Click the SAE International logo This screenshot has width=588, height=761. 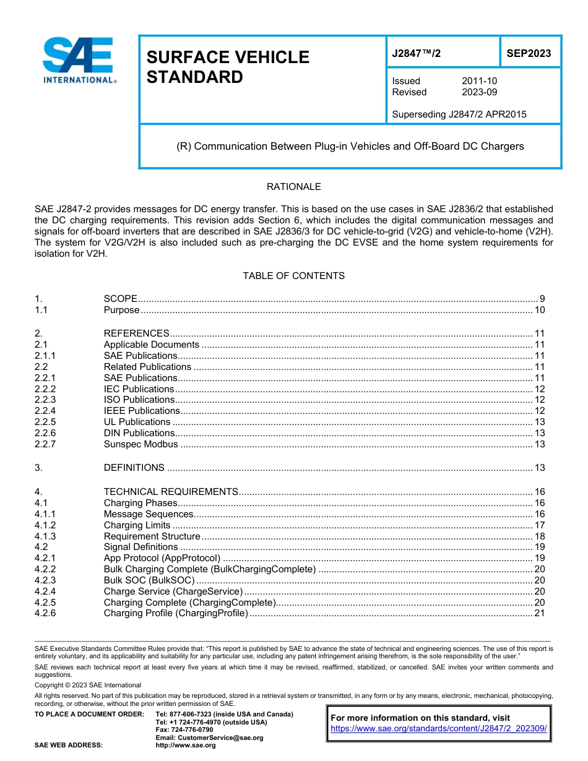point(79,60)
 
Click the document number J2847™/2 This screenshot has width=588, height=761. point(416,54)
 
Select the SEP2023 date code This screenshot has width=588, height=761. point(529,54)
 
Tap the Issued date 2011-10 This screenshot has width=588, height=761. point(479,81)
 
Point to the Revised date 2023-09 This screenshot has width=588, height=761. point(479,92)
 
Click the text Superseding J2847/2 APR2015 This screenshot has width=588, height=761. point(459,114)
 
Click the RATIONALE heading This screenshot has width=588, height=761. point(293,187)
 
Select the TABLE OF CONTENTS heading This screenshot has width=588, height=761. point(293,276)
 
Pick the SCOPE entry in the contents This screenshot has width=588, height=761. point(120,299)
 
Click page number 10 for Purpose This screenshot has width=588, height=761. point(539,310)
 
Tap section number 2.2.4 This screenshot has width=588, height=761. point(45,411)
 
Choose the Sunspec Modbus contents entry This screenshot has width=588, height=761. point(141,444)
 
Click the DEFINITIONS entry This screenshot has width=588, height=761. point(134,468)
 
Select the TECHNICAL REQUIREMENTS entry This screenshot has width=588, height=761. point(171,492)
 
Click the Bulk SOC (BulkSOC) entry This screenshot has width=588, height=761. point(149,580)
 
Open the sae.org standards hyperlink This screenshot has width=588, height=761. point(439,729)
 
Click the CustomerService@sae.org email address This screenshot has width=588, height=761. point(209,737)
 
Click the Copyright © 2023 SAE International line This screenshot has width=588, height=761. point(88,686)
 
